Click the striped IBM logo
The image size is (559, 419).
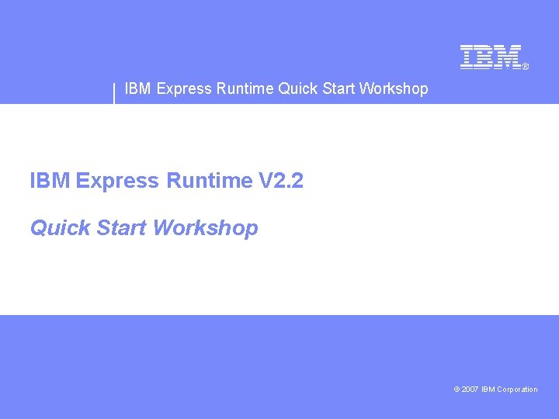(490, 57)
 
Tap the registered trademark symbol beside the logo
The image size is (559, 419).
(525, 68)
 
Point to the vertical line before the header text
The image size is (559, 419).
(114, 92)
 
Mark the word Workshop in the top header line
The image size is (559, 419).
(394, 88)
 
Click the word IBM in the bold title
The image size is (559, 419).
(50, 182)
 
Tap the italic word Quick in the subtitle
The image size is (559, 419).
(60, 228)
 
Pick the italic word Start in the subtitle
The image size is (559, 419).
(121, 228)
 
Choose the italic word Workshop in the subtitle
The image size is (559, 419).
(206, 228)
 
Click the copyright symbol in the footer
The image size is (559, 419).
(457, 390)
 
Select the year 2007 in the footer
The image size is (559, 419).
(470, 390)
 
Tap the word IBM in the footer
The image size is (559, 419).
(488, 390)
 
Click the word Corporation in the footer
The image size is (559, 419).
(518, 390)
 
